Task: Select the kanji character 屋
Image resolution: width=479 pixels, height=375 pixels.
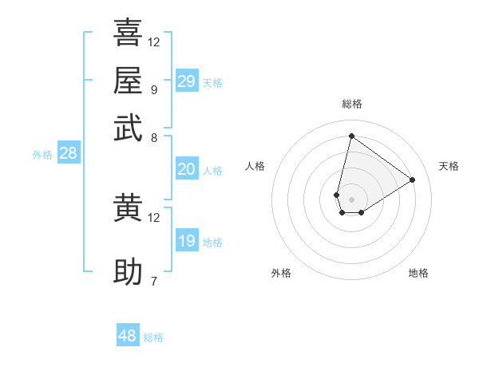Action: coord(128,81)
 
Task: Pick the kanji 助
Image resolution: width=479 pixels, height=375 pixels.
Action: coord(128,271)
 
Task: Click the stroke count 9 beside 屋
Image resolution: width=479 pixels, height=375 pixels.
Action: coord(153,89)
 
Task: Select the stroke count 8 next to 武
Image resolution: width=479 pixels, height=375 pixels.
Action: coord(153,137)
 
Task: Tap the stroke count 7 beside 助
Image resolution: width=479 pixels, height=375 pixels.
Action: coord(153,281)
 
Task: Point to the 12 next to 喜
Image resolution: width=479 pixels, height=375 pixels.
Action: coord(154,41)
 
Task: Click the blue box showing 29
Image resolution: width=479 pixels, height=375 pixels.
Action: coord(186,81)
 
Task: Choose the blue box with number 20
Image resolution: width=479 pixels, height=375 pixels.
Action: coord(186,169)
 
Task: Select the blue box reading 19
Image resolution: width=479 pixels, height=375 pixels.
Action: coord(186,241)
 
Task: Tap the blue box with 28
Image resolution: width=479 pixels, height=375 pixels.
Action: coord(68,154)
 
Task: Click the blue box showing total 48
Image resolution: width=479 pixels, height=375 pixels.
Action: coord(128,336)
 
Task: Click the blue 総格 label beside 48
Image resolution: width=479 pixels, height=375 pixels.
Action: coord(153,337)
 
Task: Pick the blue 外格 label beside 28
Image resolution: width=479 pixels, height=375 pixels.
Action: coord(42,156)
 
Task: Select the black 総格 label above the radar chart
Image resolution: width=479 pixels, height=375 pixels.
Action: coord(352,104)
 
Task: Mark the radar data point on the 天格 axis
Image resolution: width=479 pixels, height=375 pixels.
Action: coord(413,180)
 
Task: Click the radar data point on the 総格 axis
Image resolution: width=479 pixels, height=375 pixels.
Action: coord(351,136)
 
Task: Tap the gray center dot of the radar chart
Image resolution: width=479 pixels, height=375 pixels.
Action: coord(351,199)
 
